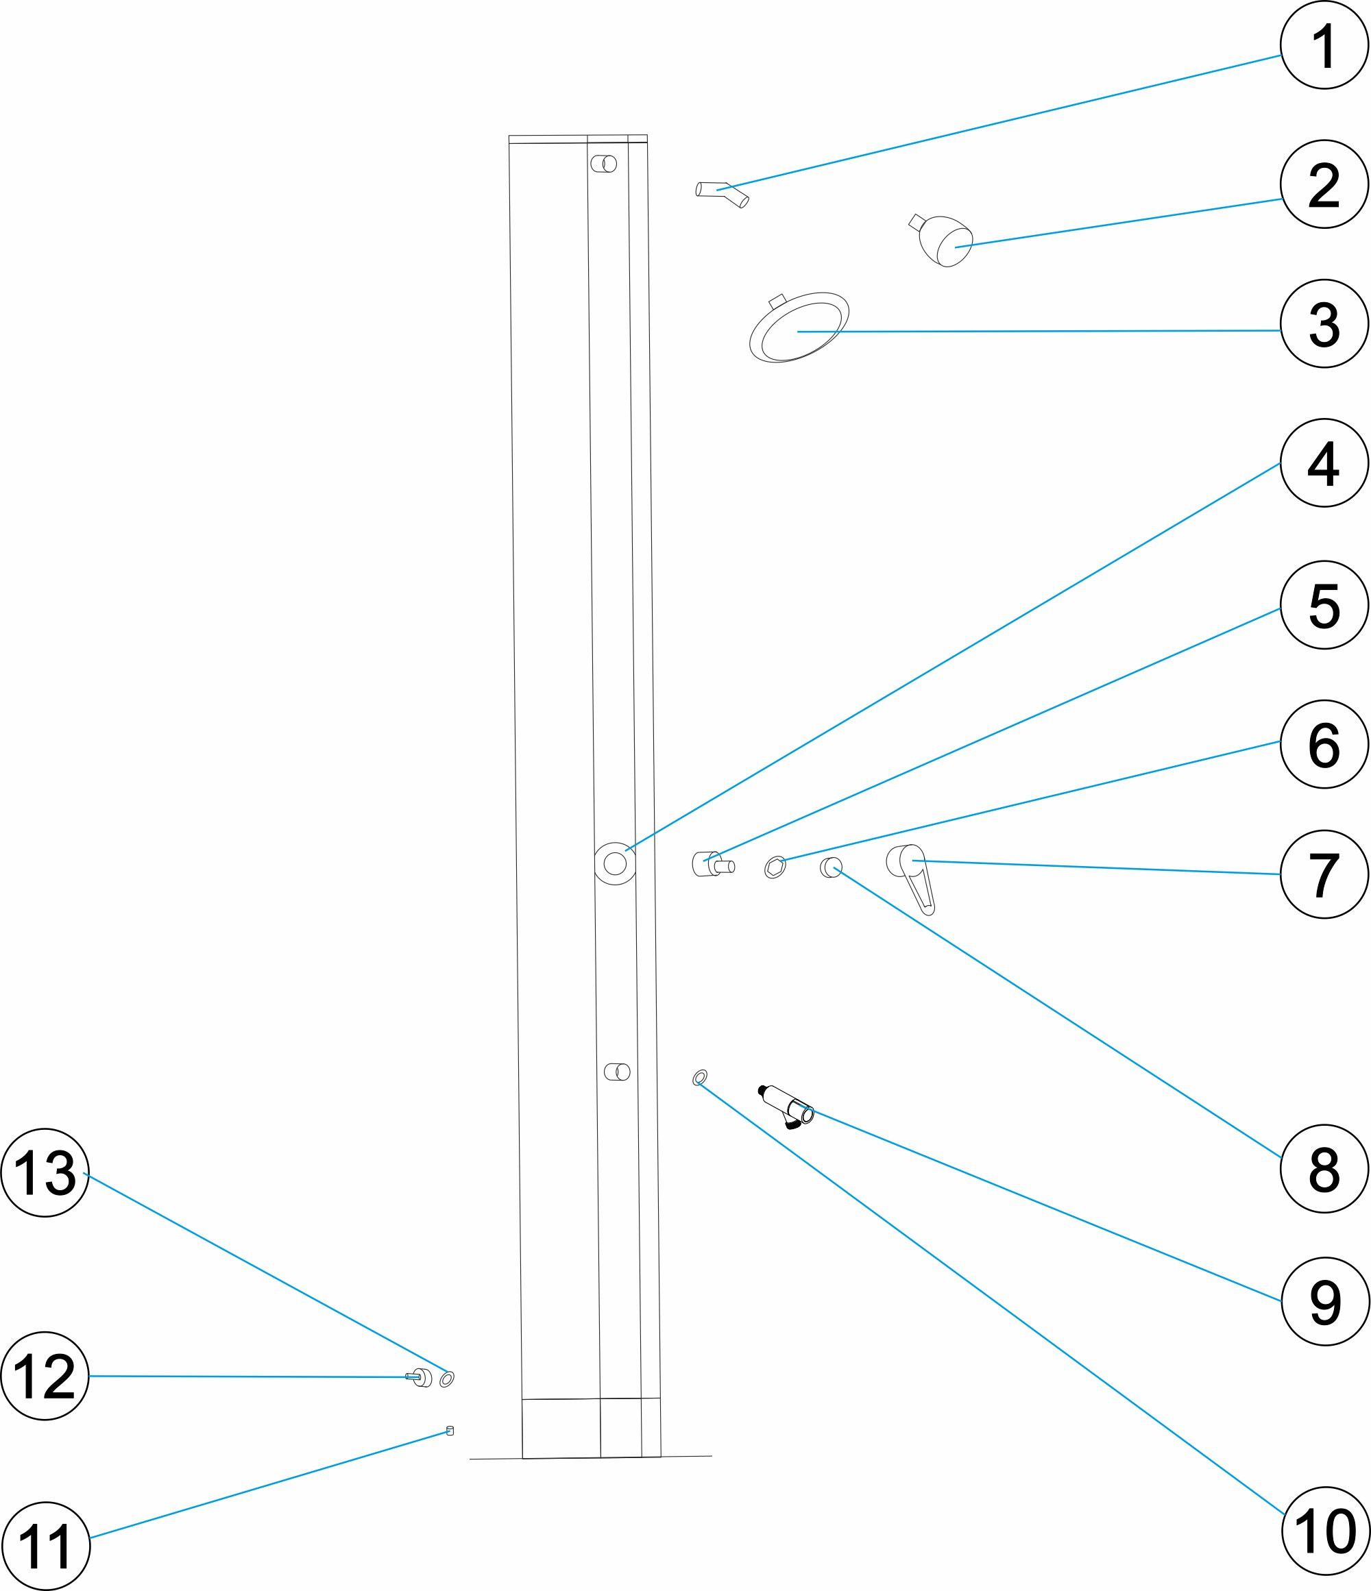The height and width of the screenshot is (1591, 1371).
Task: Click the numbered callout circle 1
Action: (1324, 45)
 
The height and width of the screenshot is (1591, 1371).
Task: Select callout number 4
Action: (1324, 463)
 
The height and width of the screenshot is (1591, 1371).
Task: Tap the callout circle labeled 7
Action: (1324, 874)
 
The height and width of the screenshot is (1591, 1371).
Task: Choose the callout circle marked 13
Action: (45, 1172)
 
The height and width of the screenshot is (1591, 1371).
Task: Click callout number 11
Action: (45, 1546)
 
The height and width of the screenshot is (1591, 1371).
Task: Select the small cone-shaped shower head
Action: (943, 241)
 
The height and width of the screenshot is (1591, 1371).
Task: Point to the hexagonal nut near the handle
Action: (775, 867)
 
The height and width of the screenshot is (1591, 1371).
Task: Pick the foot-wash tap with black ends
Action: (786, 1107)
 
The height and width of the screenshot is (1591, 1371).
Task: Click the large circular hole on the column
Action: (615, 863)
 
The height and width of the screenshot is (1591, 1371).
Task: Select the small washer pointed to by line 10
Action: (700, 1077)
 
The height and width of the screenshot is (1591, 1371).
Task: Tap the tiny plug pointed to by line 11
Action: (450, 1431)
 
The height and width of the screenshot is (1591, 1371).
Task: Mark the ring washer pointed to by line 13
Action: (446, 1379)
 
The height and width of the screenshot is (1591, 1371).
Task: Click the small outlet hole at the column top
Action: (604, 164)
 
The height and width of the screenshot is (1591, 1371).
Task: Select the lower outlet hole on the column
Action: (617, 1072)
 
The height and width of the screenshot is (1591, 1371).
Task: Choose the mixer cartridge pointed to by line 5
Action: (713, 865)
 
